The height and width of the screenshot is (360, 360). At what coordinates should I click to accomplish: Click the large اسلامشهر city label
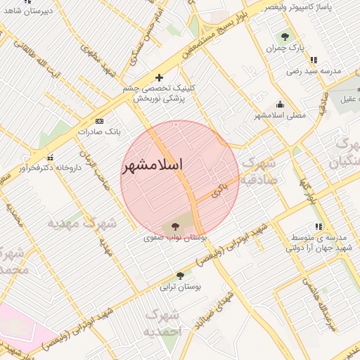pyautogui.click(x=153, y=166)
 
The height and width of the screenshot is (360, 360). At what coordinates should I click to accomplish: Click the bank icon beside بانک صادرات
pyautogui.click(x=98, y=121)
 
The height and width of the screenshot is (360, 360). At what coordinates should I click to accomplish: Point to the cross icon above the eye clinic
pyautogui.click(x=159, y=77)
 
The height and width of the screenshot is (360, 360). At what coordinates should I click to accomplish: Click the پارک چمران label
pyautogui.click(x=285, y=49)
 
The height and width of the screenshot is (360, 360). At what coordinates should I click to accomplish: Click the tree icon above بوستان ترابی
pyautogui.click(x=181, y=276)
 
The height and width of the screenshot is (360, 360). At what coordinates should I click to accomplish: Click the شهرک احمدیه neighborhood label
pyautogui.click(x=162, y=323)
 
